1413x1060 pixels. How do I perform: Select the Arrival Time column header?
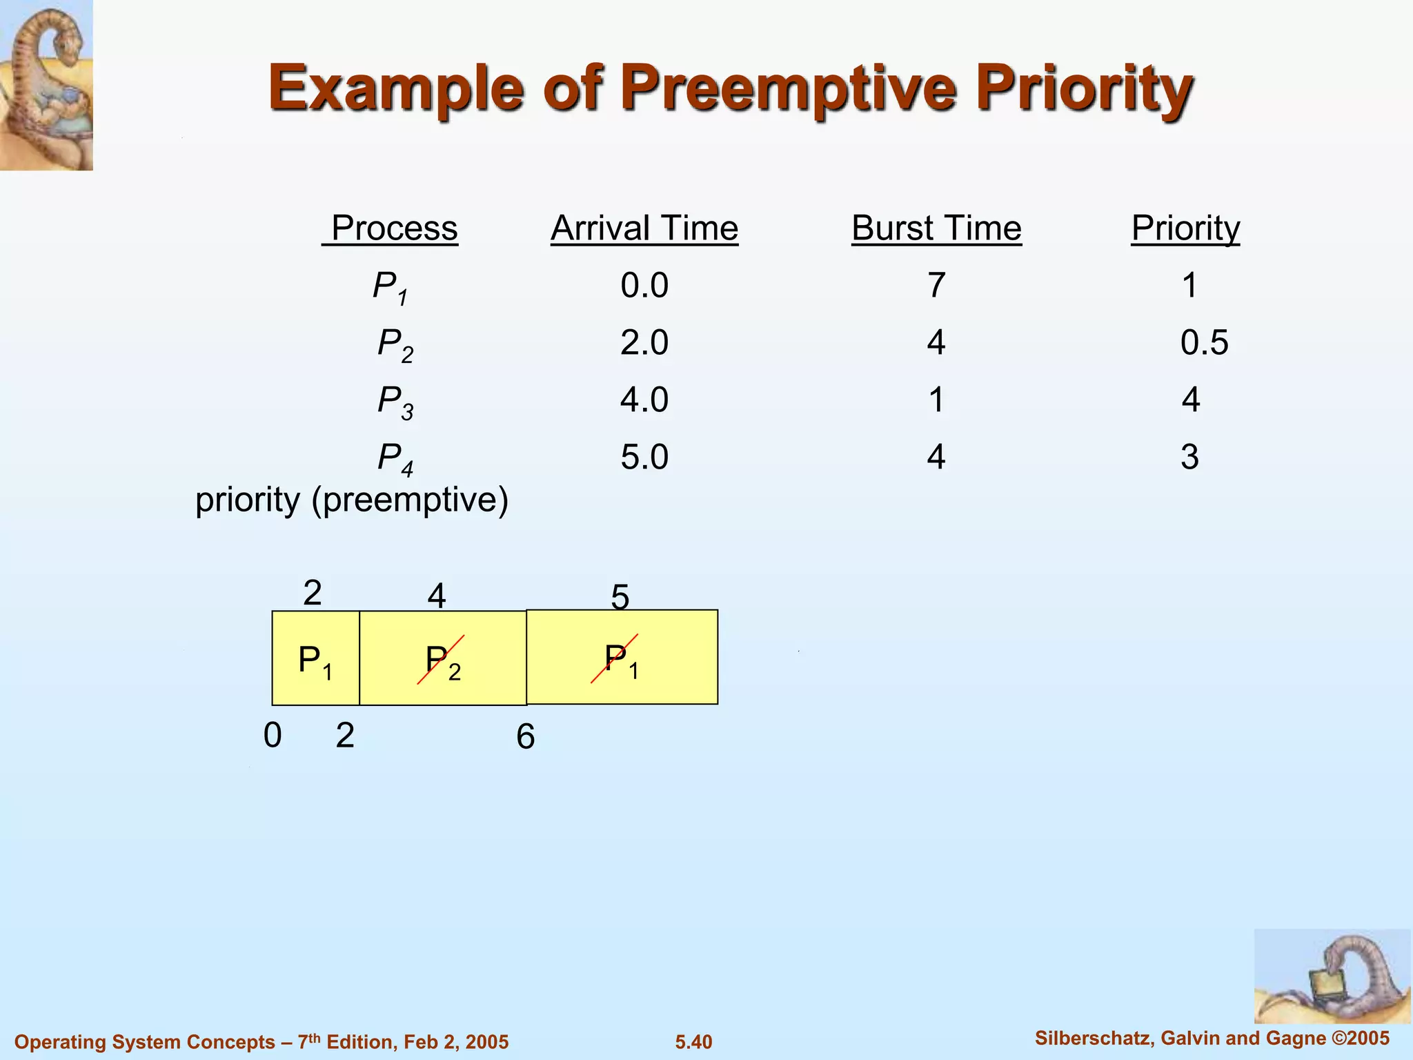pyautogui.click(x=644, y=228)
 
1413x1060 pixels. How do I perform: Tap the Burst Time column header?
pyautogui.click(x=936, y=228)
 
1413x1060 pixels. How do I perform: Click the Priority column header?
pyautogui.click(x=1185, y=228)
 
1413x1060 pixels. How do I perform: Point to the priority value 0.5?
pyautogui.click(x=1204, y=343)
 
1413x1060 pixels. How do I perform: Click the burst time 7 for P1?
pyautogui.click(x=936, y=286)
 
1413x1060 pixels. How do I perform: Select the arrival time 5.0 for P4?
pyautogui.click(x=644, y=457)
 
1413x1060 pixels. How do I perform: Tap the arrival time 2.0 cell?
pyautogui.click(x=644, y=343)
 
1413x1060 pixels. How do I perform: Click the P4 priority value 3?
pyautogui.click(x=1189, y=457)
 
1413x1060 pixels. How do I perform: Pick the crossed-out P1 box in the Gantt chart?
pyautogui.click(x=621, y=658)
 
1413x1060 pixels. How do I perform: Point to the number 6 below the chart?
pyautogui.click(x=525, y=737)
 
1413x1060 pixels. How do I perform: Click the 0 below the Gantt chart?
pyautogui.click(x=273, y=736)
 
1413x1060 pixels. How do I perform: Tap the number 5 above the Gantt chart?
pyautogui.click(x=620, y=596)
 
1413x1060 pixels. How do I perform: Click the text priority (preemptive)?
pyautogui.click(x=352, y=500)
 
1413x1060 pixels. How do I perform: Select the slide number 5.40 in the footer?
pyautogui.click(x=693, y=1042)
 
